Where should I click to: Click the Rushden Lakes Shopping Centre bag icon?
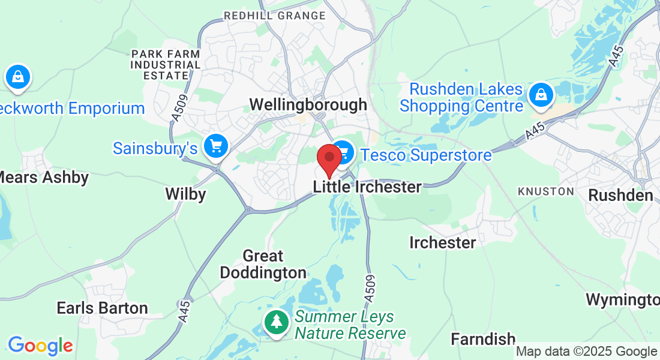(541, 95)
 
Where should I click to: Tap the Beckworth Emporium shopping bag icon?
(18, 77)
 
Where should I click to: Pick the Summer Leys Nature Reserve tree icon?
(276, 322)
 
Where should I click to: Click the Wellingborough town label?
(308, 104)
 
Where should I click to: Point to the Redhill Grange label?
(274, 16)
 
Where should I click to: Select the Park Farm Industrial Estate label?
(166, 65)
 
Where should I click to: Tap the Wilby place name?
(185, 194)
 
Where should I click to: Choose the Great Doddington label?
(263, 265)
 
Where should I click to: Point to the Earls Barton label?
(102, 308)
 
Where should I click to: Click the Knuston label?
(546, 191)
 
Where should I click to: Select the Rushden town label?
(620, 196)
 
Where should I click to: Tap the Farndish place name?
(482, 340)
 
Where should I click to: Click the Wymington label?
(622, 299)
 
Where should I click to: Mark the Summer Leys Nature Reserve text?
(350, 325)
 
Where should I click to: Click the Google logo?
(40, 346)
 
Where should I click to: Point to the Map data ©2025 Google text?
(586, 352)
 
